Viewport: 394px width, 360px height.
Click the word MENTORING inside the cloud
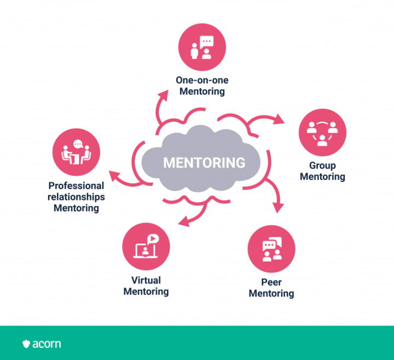tap(204, 162)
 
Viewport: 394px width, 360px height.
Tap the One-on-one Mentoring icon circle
tap(202, 48)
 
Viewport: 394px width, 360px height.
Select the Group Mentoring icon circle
tap(322, 133)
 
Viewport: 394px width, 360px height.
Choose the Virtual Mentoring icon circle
tap(146, 246)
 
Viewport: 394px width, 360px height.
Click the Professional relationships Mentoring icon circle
tap(76, 152)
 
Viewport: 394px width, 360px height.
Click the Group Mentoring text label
tap(322, 171)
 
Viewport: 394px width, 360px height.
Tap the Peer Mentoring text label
tap(271, 288)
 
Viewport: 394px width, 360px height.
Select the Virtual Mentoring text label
tap(146, 286)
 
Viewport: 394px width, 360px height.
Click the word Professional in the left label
tap(76, 185)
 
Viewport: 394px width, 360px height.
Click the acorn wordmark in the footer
tap(47, 344)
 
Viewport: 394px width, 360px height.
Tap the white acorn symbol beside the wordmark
tap(26, 344)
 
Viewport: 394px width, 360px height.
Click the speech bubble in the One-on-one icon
tap(207, 42)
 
